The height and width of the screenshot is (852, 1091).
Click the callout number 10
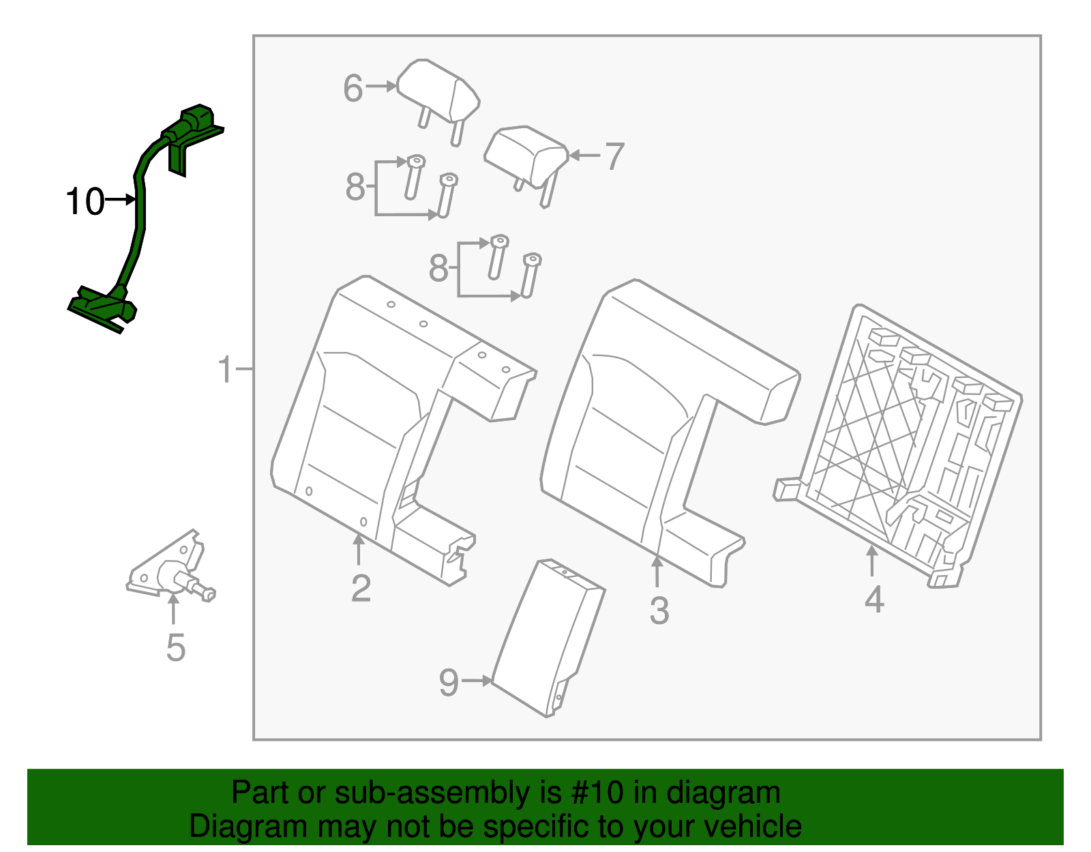[85, 202]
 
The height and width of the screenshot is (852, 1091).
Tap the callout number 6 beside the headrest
[353, 89]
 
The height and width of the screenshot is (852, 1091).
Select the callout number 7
[614, 157]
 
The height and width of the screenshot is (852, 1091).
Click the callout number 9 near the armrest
[448, 682]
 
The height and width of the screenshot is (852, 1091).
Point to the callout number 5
[175, 647]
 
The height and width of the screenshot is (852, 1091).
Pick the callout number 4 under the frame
[874, 600]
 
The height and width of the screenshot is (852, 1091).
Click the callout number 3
[659, 611]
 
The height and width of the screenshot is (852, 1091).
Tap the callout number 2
[361, 588]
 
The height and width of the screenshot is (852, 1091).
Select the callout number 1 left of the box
[225, 370]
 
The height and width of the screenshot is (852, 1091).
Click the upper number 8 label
[355, 187]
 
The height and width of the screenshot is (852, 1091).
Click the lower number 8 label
[438, 268]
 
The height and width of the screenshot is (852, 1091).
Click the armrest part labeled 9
[545, 634]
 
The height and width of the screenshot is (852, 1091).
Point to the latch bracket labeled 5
[170, 570]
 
